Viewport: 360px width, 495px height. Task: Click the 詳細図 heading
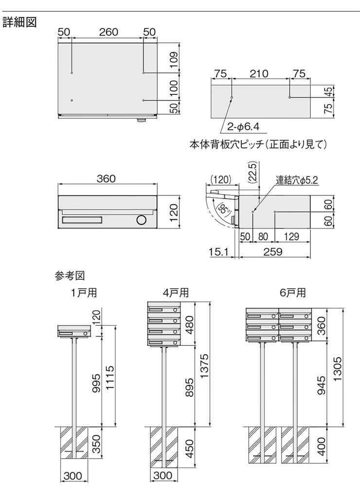pyautogui.click(x=20, y=22)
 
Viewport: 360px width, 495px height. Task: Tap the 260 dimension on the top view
pyautogui.click(x=108, y=32)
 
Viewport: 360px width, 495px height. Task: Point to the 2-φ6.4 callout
pyautogui.click(x=244, y=127)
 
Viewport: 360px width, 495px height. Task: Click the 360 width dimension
pyautogui.click(x=106, y=178)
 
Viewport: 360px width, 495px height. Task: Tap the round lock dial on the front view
pyautogui.click(x=141, y=220)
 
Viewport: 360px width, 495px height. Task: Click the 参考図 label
pyautogui.click(x=70, y=276)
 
